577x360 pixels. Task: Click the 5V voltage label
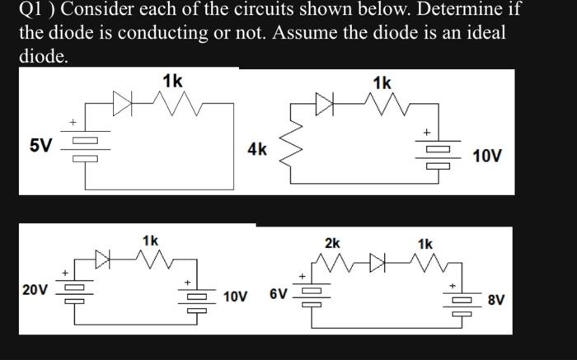coord(40,147)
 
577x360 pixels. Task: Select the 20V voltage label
coord(35,289)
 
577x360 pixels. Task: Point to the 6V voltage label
coord(279,294)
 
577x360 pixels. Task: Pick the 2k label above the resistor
coord(332,244)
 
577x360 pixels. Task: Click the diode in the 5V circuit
coord(123,105)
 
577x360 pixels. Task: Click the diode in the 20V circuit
coord(104,262)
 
